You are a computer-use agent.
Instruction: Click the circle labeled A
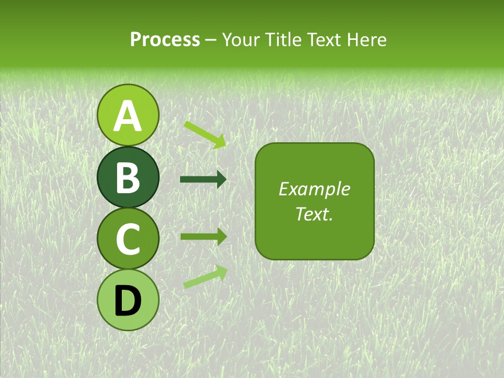coord(128,115)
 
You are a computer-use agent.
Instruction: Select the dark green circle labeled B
coord(128,177)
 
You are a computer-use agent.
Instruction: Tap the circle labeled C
coord(128,239)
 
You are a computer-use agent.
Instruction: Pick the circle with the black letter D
coord(128,300)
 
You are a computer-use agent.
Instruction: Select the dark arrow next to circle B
coord(203,180)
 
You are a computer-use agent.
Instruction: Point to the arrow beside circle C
coord(203,236)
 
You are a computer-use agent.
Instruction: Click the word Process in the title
coord(165,39)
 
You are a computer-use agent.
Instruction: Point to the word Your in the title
coord(239,39)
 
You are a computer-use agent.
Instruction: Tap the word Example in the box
coord(314,189)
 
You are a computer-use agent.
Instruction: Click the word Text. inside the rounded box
coord(314,214)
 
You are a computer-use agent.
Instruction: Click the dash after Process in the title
coord(211,40)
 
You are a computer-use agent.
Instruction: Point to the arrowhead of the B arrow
coord(221,180)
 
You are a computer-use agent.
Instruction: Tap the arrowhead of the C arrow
coord(221,236)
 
